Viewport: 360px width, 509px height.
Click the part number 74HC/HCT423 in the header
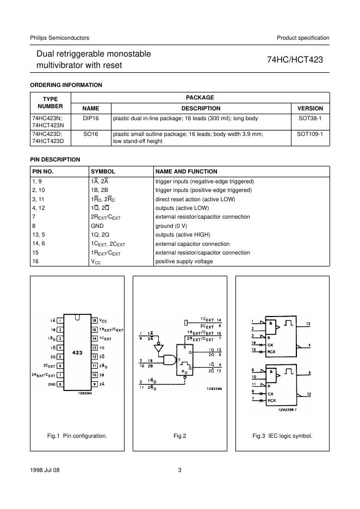[295, 60]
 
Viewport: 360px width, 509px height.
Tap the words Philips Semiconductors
[59, 38]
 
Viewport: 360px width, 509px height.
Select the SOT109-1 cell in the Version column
[311, 133]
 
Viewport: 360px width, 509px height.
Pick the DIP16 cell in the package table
[90, 118]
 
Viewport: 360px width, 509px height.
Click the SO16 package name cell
[90, 133]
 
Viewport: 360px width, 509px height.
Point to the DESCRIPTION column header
[201, 108]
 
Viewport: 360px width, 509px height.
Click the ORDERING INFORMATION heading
[65, 85]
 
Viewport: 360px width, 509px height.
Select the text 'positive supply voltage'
[184, 262]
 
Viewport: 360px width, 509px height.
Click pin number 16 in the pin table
[36, 262]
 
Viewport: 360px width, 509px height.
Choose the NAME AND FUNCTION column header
[186, 171]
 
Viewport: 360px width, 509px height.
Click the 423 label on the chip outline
[77, 352]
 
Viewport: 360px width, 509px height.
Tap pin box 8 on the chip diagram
[61, 384]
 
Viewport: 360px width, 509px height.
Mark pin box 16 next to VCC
[94, 321]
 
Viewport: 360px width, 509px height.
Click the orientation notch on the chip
[77, 316]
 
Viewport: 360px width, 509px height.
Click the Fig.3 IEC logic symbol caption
[282, 436]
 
